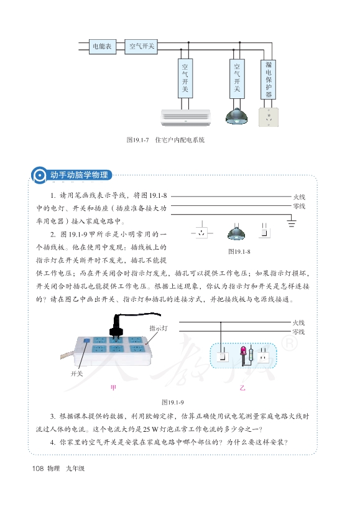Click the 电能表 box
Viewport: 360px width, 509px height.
pyautogui.click(x=103, y=47)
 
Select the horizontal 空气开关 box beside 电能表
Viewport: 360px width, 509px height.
pyautogui.click(x=141, y=47)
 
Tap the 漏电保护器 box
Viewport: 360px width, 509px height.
pyautogui.click(x=269, y=79)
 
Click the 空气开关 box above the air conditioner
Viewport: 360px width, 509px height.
pyautogui.click(x=185, y=78)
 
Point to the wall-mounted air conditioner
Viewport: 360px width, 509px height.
pyautogui.click(x=186, y=117)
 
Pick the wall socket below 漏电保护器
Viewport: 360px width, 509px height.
pyautogui.click(x=269, y=117)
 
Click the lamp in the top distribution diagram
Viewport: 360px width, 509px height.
pyautogui.click(x=237, y=116)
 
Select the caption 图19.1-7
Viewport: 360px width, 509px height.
pyautogui.click(x=137, y=140)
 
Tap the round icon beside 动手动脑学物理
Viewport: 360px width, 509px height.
pyautogui.click(x=40, y=175)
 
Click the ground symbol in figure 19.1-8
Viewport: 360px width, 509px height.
pyautogui.click(x=291, y=223)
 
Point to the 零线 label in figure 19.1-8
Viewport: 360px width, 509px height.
pyautogui.click(x=299, y=206)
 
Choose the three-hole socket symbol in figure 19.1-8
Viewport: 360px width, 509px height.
pyautogui.click(x=202, y=233)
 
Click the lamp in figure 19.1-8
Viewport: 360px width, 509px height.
pyautogui.click(x=236, y=233)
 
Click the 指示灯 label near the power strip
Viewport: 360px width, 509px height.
pyautogui.click(x=159, y=328)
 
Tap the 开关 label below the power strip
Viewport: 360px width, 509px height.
pyautogui.click(x=77, y=373)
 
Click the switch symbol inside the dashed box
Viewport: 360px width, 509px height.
pyautogui.click(x=222, y=357)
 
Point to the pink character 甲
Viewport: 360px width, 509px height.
pyautogui.click(x=113, y=388)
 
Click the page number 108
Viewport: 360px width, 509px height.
pyautogui.click(x=38, y=469)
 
